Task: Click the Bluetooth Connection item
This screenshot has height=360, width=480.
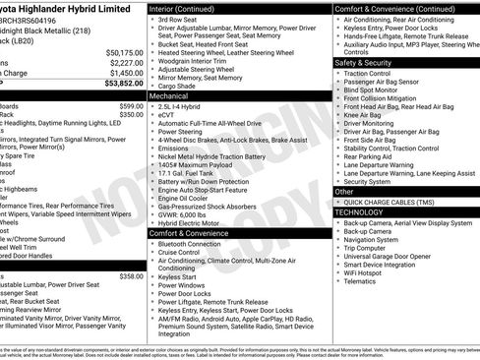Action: pos(195,243)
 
